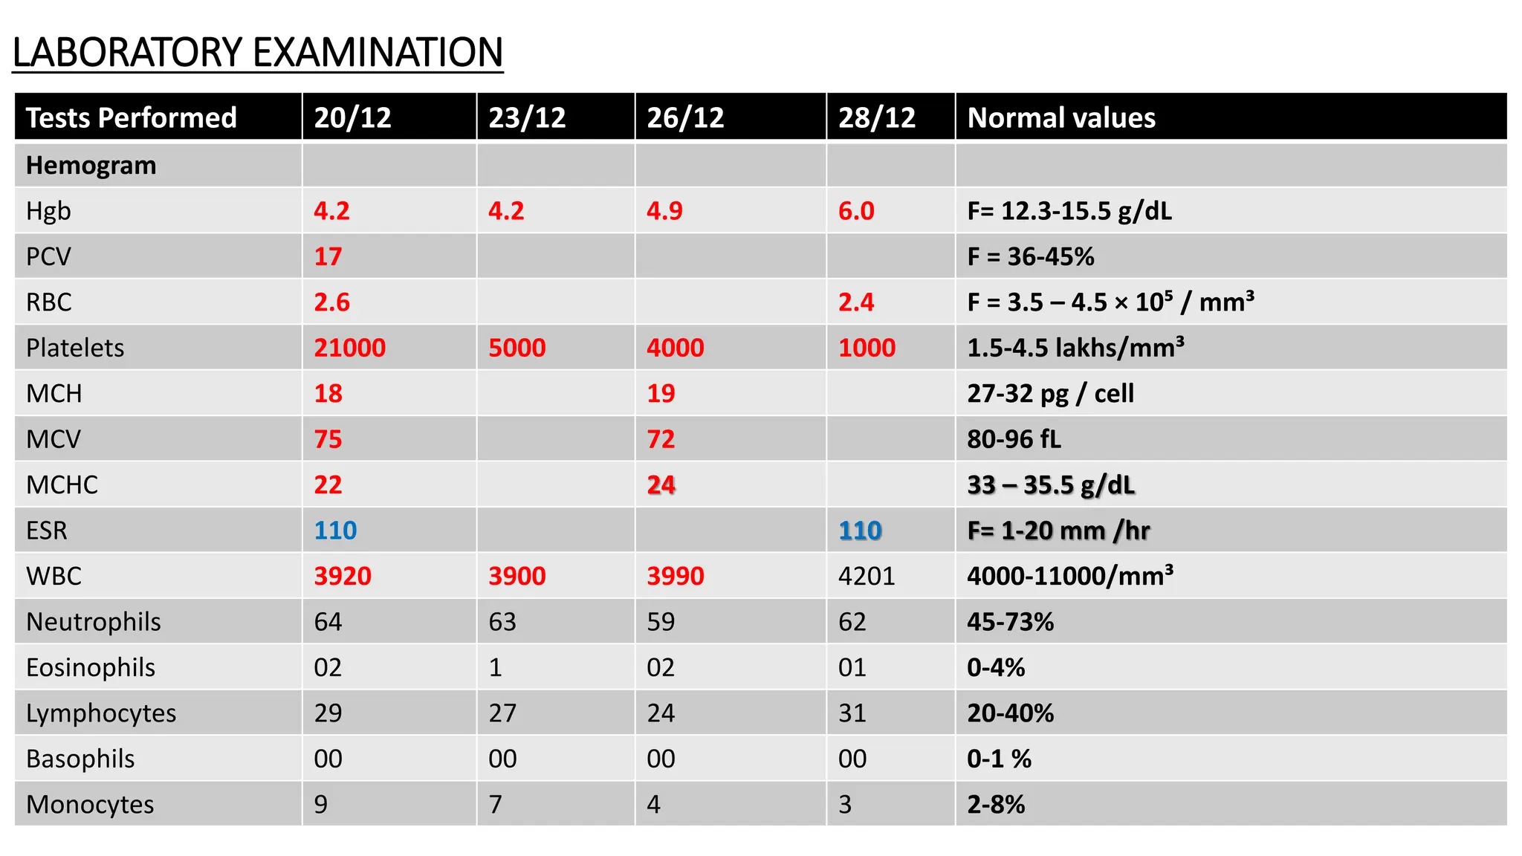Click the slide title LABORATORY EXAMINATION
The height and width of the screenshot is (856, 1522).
257,53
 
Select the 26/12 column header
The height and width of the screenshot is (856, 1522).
684,118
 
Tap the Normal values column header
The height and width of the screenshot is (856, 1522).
1060,118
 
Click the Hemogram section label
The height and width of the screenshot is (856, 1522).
91,166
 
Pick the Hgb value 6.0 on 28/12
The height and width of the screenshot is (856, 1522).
855,211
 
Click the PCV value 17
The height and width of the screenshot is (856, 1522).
328,257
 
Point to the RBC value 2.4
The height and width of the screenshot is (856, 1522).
855,302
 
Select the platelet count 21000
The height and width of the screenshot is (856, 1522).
349,348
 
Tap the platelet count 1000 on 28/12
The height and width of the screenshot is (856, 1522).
867,348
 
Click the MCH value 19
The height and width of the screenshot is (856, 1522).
661,394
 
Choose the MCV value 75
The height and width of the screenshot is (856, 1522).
328,439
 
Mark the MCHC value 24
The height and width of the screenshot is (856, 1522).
661,485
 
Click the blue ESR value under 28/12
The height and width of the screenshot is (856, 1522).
860,531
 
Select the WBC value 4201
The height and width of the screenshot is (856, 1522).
867,577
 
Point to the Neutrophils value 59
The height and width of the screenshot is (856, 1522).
661,622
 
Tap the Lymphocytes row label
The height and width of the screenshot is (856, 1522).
101,713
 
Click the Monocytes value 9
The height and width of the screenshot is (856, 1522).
320,805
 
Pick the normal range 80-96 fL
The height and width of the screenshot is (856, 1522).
1014,439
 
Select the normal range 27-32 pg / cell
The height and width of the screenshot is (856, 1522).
1050,394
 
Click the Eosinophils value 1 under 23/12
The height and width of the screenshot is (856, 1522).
495,668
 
